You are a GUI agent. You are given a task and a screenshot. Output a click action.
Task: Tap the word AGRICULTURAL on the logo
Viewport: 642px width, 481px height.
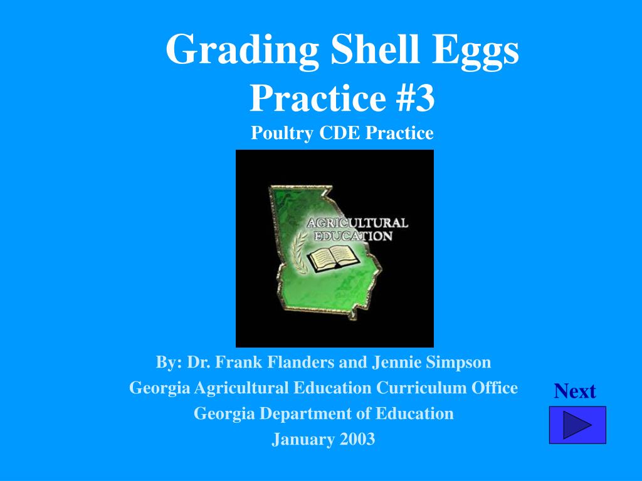356,223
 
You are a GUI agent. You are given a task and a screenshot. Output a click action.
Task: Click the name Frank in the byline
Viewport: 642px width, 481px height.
241,362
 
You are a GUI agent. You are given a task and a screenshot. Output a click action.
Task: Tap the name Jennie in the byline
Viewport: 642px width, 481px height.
394,362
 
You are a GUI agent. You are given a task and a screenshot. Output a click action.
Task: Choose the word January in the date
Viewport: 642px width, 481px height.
303,440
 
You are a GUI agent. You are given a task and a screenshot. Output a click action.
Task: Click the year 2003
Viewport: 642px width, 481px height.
357,439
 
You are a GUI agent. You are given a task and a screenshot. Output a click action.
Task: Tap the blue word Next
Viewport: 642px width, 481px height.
574,391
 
